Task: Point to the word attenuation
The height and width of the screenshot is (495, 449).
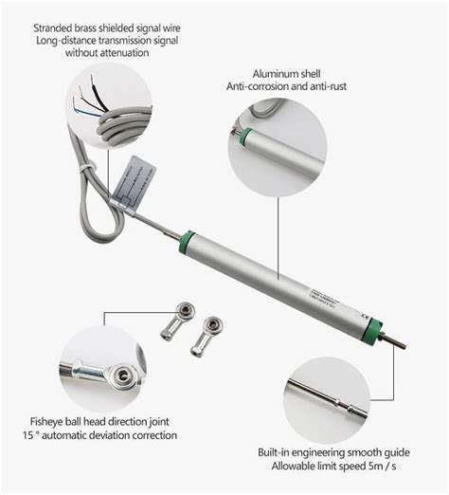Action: (130, 53)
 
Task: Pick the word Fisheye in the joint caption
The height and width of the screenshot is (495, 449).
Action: (48, 420)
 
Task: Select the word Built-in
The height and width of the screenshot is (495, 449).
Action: (278, 453)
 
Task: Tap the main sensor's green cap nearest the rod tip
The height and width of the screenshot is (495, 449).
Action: (377, 329)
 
